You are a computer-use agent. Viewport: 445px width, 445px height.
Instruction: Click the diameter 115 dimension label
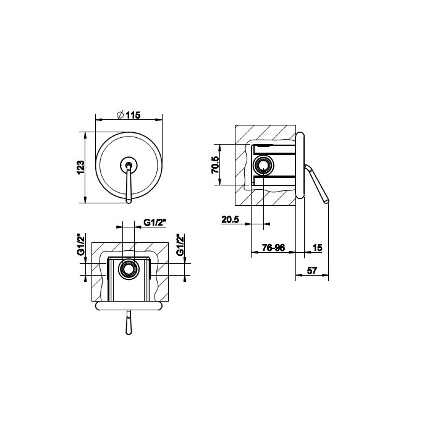click(129, 115)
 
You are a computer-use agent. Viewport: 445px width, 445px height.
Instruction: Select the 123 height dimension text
click(80, 167)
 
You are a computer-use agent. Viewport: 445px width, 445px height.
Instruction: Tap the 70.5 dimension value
click(215, 165)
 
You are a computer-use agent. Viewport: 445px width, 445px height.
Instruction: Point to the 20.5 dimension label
click(230, 219)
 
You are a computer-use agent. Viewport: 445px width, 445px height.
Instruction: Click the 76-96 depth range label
click(273, 247)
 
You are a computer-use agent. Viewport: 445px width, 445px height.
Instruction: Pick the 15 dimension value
click(317, 247)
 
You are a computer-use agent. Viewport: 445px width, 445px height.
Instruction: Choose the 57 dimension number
click(311, 271)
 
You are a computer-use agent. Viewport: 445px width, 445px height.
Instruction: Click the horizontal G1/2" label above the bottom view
click(155, 222)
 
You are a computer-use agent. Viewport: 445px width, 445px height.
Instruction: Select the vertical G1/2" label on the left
click(82, 244)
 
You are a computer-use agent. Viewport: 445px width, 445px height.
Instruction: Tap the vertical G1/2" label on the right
click(180, 244)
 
